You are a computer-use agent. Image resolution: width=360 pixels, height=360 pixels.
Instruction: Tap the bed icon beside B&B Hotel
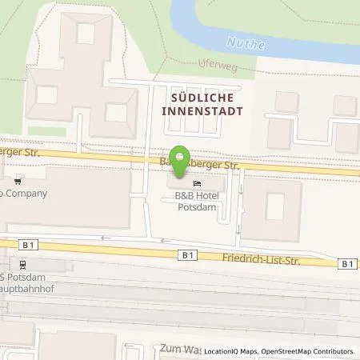click(x=196, y=186)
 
